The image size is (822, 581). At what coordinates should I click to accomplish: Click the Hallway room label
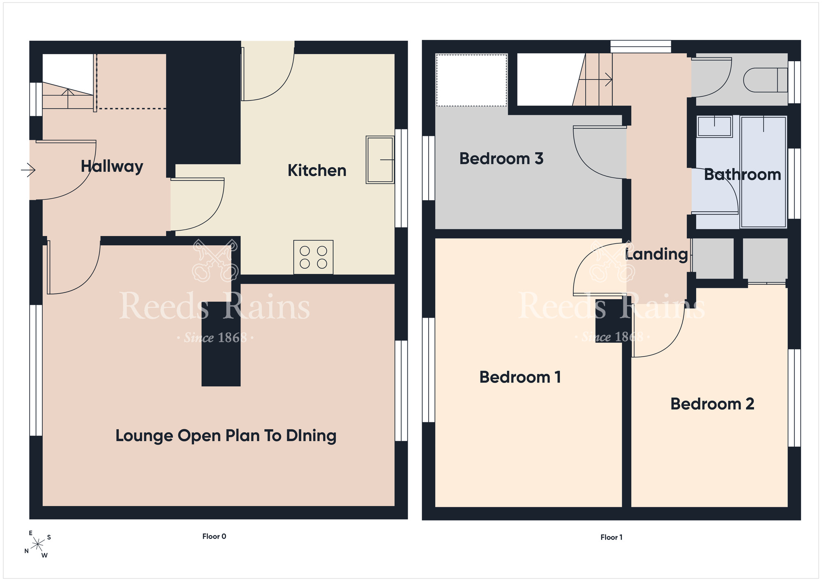coord(112,166)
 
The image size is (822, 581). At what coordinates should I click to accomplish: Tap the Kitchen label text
coord(317,171)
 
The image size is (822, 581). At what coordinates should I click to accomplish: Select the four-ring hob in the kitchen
coord(313,257)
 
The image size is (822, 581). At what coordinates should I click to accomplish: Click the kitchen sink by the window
coord(380,159)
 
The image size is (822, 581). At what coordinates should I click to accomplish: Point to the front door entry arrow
coord(28,170)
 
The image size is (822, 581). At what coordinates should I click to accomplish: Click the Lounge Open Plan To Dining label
coord(226,436)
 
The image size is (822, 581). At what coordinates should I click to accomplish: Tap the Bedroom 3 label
coord(501,159)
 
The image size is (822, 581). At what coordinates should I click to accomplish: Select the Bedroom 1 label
coord(520,377)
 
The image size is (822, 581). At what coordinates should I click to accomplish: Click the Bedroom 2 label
coord(712,404)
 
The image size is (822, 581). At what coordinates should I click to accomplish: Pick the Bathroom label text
coord(742,175)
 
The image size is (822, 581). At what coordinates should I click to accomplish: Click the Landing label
coord(656,254)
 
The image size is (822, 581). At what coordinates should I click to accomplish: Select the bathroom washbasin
coord(715,127)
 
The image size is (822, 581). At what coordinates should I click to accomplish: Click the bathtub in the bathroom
coord(763,172)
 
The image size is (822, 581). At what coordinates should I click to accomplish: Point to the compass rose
coord(38,545)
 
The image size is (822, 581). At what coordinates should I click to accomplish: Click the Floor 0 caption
coord(214,536)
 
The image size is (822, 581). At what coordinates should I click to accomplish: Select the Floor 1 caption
coord(612,537)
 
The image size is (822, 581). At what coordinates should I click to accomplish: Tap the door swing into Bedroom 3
coord(600,152)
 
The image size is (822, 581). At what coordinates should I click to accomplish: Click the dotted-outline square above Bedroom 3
coord(471,80)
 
